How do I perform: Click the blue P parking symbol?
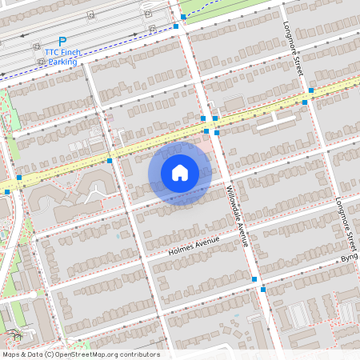coord(62,41)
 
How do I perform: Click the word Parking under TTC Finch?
coord(62,62)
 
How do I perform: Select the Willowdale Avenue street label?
coord(238,215)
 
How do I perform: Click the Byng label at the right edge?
coord(350,258)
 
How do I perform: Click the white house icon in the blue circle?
coord(180,173)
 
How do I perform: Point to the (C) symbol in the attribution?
coord(49,354)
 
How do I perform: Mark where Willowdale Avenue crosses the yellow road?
coord(210,125)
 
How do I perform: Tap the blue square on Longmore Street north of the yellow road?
coord(311,90)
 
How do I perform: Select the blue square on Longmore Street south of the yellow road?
coord(305,102)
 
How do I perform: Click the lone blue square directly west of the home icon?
coord(109,161)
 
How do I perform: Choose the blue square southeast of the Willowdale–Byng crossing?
coord(262,290)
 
